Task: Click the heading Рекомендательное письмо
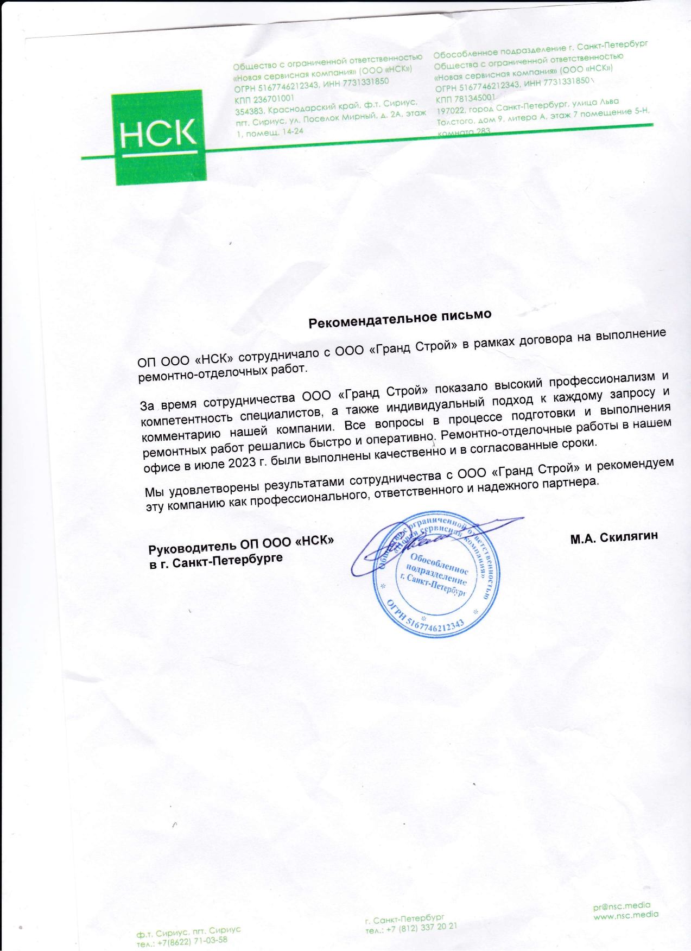point(400,319)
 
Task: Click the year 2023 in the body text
point(237,462)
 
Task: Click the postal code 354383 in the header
point(249,111)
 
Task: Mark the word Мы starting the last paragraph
point(154,492)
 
